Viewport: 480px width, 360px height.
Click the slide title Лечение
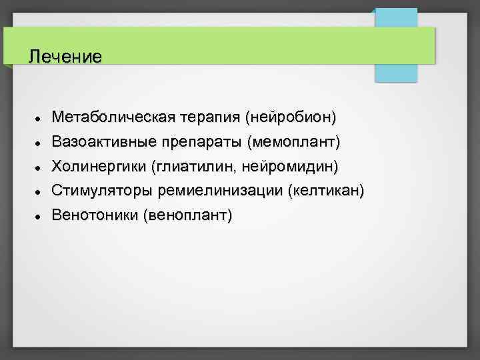65,57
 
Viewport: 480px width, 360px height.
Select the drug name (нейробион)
291,118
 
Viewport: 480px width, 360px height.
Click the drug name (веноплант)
187,215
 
